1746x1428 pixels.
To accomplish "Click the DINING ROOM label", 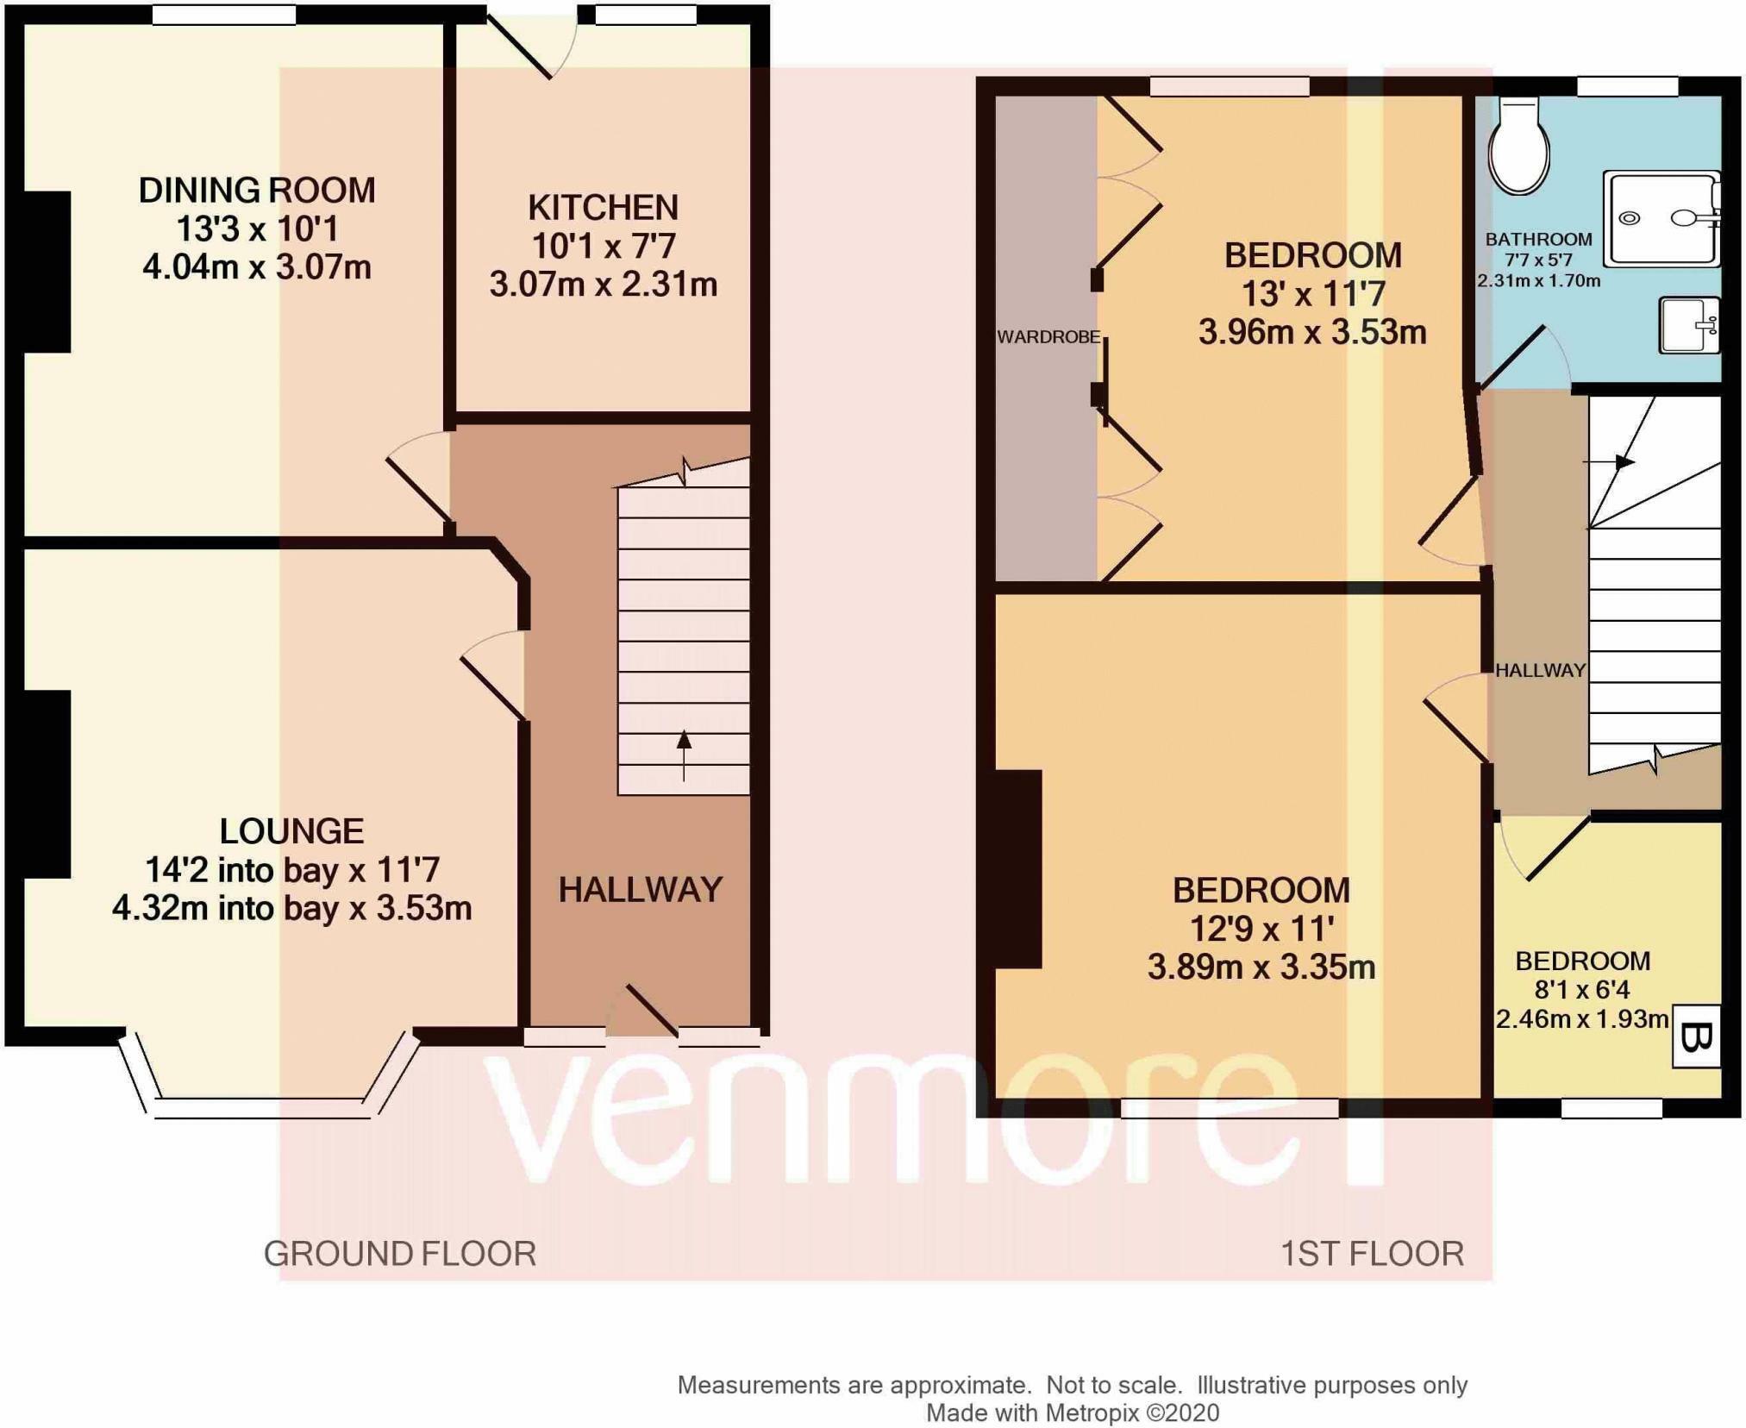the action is pyautogui.click(x=257, y=190).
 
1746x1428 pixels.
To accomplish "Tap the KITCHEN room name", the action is pyautogui.click(x=604, y=208).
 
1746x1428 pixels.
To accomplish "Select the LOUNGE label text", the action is pyautogui.click(x=292, y=831).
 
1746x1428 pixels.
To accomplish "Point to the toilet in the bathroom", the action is pyautogui.click(x=1519, y=145).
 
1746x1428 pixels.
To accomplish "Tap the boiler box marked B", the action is pyautogui.click(x=1696, y=1037).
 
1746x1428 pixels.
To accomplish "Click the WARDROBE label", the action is pyautogui.click(x=1048, y=337).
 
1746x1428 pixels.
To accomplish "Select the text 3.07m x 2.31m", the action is pyautogui.click(x=604, y=284).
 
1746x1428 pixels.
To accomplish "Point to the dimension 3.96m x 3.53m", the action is pyautogui.click(x=1312, y=332).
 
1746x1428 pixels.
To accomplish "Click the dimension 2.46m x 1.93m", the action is pyautogui.click(x=1582, y=1019).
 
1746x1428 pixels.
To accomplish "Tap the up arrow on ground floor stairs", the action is pyautogui.click(x=684, y=755).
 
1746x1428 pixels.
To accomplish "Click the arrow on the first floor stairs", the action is pyautogui.click(x=1609, y=462).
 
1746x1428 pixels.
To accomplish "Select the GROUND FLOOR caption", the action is pyautogui.click(x=400, y=1253).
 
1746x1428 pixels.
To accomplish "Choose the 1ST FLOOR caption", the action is pyautogui.click(x=1372, y=1253).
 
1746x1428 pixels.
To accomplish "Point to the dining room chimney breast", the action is pyautogui.click(x=47, y=272).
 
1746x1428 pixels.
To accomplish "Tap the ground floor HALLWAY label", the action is pyautogui.click(x=640, y=890).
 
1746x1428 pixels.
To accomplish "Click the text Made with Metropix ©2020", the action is pyautogui.click(x=1073, y=1412).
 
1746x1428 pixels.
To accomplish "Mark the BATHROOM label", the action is pyautogui.click(x=1538, y=240).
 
